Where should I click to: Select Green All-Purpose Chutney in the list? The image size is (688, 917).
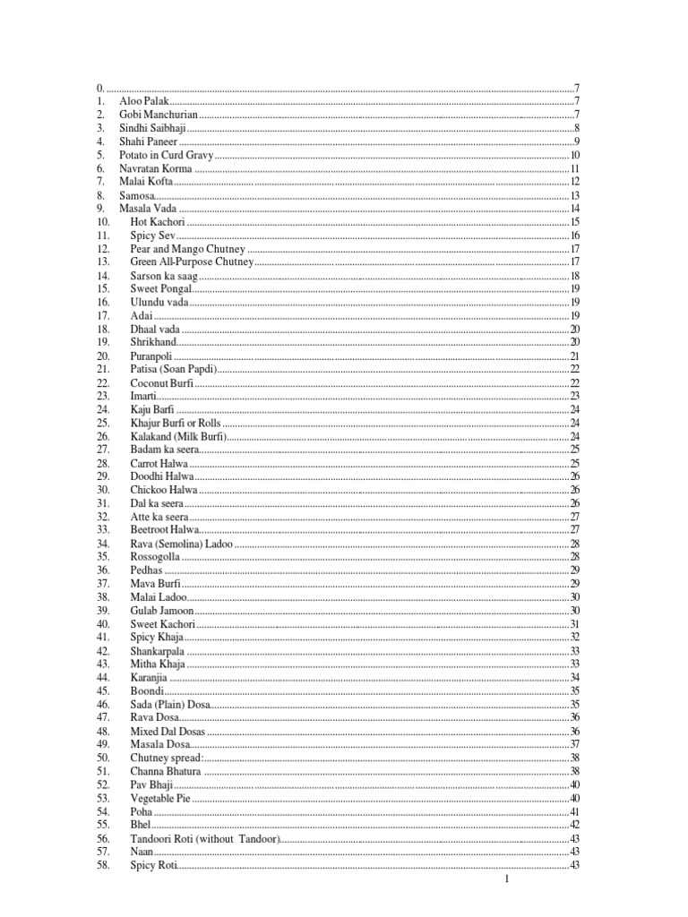point(192,261)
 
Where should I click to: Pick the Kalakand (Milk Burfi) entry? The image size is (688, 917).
point(178,436)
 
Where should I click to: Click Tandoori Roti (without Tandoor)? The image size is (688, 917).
point(205,837)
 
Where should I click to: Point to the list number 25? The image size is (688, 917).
point(103,423)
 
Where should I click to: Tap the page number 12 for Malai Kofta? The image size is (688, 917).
point(575,182)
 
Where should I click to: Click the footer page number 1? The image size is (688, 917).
point(507,880)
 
